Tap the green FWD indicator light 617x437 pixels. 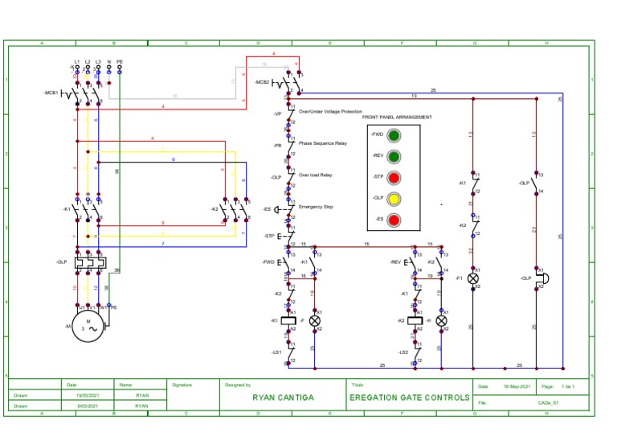[x=394, y=134]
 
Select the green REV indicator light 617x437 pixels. [x=394, y=155]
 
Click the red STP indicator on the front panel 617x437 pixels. [x=394, y=177]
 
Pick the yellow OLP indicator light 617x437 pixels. [x=394, y=198]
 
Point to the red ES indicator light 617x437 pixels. [x=394, y=219]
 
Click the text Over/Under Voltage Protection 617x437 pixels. [x=330, y=112]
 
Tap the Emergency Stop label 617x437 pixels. [x=316, y=207]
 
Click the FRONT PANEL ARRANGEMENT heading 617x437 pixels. [x=397, y=117]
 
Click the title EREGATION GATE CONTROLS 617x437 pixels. [x=410, y=398]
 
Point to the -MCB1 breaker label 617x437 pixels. [x=51, y=93]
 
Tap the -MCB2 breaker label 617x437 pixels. [x=263, y=83]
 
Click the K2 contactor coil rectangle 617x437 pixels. [x=415, y=320]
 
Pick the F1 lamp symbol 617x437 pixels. [x=473, y=278]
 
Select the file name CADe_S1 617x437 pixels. [x=549, y=402]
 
